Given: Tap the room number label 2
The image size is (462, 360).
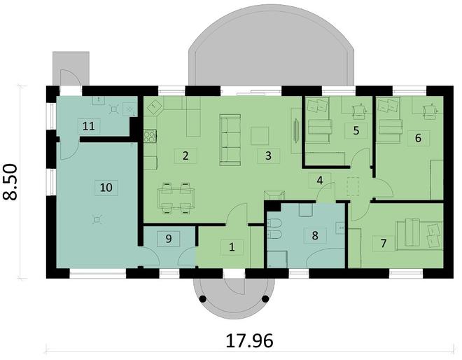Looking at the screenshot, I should pos(185,155).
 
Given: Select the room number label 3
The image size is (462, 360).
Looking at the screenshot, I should pos(268,155).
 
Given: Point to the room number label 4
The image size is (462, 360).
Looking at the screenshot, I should pos(320,181).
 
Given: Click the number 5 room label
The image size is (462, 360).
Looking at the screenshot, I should pos(356,130).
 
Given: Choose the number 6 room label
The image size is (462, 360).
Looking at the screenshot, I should pos(418,137).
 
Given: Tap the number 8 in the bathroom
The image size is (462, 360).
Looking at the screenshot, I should pos(315,235).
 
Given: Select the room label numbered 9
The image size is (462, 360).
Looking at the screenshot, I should pos(169,239).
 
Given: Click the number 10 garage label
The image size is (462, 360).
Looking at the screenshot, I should pos(106,187).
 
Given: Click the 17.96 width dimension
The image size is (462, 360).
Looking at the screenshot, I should pos(249,341).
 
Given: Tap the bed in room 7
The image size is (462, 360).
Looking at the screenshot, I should pos(419,233).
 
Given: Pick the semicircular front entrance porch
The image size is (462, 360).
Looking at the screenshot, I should pos(232,294).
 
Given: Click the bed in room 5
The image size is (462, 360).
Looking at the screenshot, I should pos(319,128).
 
